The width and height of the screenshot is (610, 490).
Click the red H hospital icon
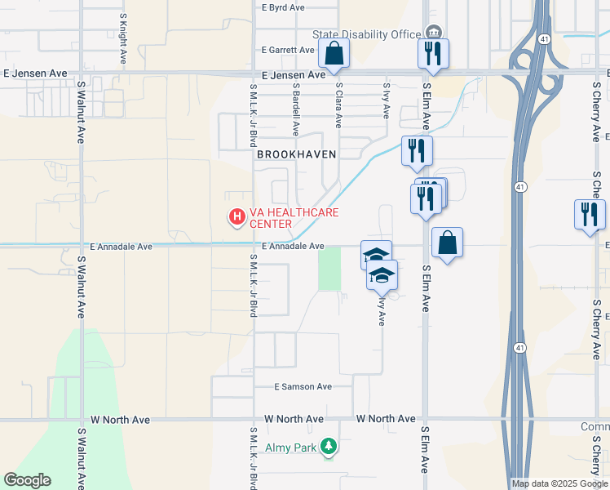click(236, 216)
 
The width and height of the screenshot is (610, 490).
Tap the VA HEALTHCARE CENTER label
click(294, 218)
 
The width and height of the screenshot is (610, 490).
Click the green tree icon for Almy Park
click(329, 446)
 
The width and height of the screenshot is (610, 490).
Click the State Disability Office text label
click(366, 34)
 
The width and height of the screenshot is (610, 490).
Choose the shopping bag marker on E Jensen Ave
click(334, 55)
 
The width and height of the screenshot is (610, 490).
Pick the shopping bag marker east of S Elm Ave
click(447, 243)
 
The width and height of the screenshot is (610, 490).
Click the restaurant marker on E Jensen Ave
click(433, 54)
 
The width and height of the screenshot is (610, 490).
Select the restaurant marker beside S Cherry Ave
click(590, 215)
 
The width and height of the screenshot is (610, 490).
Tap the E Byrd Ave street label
click(283, 7)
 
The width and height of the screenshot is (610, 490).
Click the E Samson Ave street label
click(303, 386)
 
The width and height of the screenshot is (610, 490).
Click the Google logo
click(27, 480)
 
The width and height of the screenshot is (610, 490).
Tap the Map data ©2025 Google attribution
click(559, 483)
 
